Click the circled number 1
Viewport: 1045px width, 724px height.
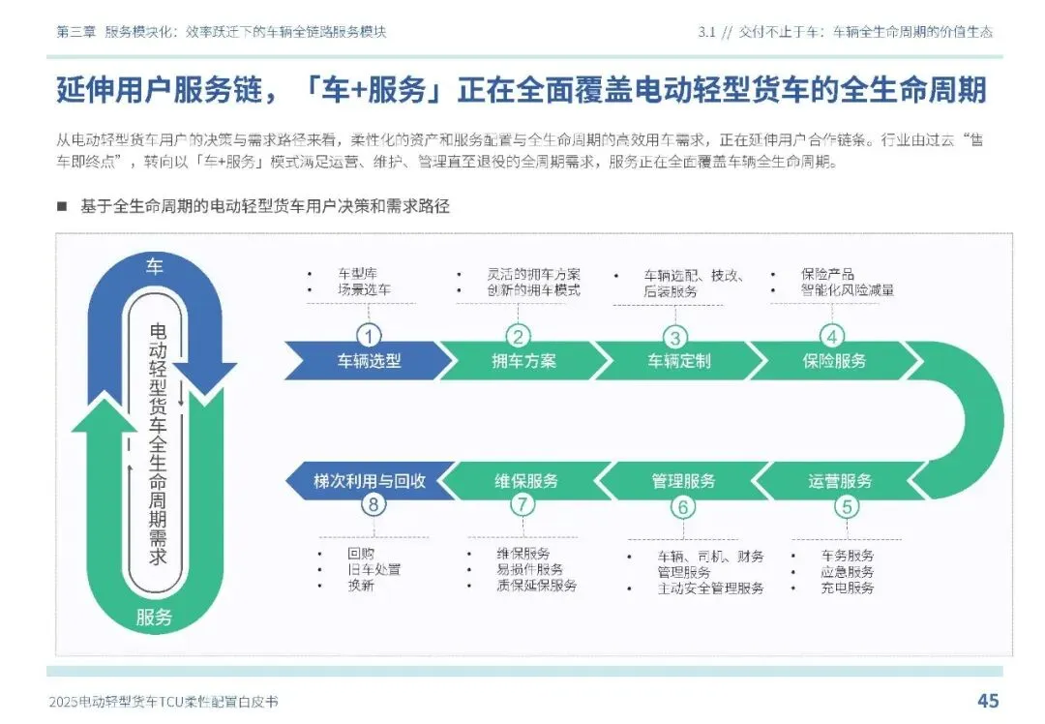pos(369,336)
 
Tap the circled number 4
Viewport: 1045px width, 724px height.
pos(832,336)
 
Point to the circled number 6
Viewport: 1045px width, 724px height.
pos(683,506)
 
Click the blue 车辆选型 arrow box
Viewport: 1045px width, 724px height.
pos(369,361)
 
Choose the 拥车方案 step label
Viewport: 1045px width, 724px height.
pos(523,361)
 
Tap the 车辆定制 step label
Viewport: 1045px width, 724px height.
pos(678,361)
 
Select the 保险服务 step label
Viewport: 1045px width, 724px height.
pos(833,361)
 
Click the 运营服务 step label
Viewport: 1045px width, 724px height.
pos(840,481)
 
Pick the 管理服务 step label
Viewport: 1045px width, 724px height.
pos(683,481)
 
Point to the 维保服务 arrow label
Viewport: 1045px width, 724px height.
pos(526,481)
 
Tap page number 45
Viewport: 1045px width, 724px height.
pos(988,701)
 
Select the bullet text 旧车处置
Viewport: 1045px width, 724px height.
pos(373,570)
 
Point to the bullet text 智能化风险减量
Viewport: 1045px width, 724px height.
pos(847,289)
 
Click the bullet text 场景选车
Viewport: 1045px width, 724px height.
pos(364,289)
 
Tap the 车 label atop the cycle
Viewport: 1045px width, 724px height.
pos(154,267)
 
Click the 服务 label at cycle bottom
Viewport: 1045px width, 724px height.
pos(154,617)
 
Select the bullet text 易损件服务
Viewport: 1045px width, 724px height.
pos(529,570)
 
